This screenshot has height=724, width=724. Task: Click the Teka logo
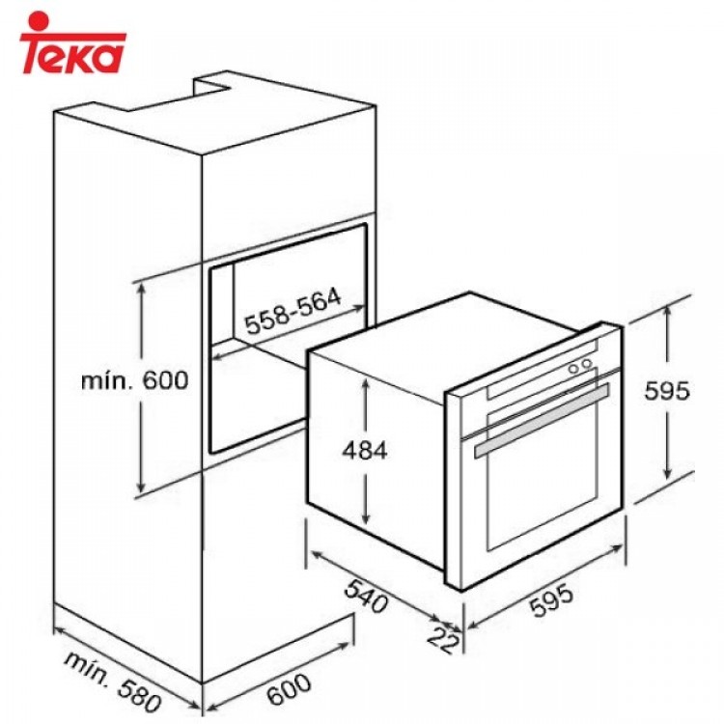click(x=72, y=43)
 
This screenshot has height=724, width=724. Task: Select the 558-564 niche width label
click(x=292, y=312)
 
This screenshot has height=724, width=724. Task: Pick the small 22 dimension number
click(x=444, y=638)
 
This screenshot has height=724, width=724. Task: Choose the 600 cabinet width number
click(x=286, y=685)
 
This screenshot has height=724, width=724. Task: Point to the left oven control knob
click(x=572, y=368)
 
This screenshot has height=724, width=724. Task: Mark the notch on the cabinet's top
click(x=213, y=89)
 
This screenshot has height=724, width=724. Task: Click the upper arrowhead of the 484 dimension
click(x=366, y=379)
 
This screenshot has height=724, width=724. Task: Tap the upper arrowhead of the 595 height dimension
click(x=667, y=312)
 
